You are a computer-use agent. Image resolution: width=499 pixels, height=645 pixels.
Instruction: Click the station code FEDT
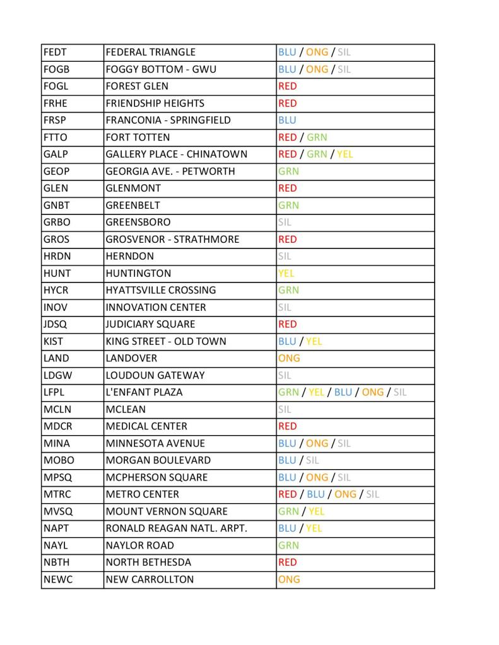pyautogui.click(x=55, y=52)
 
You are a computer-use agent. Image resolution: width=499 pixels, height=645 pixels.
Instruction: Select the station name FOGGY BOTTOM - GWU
pyautogui.click(x=161, y=69)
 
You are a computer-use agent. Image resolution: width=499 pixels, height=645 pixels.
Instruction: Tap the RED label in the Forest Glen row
pyautogui.click(x=287, y=86)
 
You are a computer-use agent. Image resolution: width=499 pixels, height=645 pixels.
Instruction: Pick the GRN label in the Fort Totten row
pyautogui.click(x=317, y=137)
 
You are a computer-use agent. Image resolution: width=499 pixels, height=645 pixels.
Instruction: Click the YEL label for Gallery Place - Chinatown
pyautogui.click(x=344, y=154)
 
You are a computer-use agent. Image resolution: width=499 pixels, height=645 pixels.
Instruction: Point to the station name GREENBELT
pyautogui.click(x=132, y=206)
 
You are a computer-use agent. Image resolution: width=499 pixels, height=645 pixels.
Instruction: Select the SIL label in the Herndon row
pyautogui.click(x=285, y=257)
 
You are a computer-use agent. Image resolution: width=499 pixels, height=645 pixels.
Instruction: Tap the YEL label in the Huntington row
pyautogui.click(x=286, y=274)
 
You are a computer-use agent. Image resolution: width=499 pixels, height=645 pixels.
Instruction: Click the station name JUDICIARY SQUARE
pyautogui.click(x=150, y=325)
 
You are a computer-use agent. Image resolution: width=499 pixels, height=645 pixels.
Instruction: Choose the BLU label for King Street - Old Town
pyautogui.click(x=287, y=342)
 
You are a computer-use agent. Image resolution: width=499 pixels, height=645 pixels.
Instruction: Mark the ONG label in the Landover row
pyautogui.click(x=289, y=359)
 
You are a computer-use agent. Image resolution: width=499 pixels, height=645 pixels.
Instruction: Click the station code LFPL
pyautogui.click(x=55, y=393)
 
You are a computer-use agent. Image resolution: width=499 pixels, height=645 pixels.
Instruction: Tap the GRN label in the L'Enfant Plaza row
pyautogui.click(x=288, y=393)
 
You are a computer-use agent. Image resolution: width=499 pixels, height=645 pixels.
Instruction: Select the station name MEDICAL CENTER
pyautogui.click(x=146, y=427)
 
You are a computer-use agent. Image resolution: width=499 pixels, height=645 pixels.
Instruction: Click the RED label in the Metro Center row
pyautogui.click(x=287, y=495)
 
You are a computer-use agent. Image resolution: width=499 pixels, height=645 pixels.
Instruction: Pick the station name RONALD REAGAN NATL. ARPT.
pyautogui.click(x=176, y=529)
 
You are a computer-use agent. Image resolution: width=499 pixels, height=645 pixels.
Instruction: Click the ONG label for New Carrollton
pyautogui.click(x=289, y=580)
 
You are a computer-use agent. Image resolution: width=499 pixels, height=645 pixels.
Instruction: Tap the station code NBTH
pyautogui.click(x=56, y=563)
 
